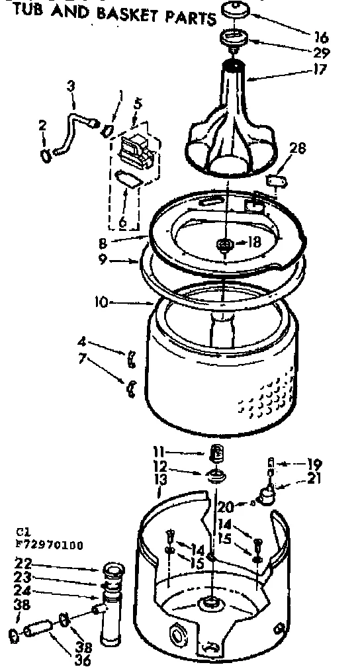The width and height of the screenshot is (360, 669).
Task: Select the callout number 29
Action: tap(322, 54)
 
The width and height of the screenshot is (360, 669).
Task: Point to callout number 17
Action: tap(319, 69)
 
